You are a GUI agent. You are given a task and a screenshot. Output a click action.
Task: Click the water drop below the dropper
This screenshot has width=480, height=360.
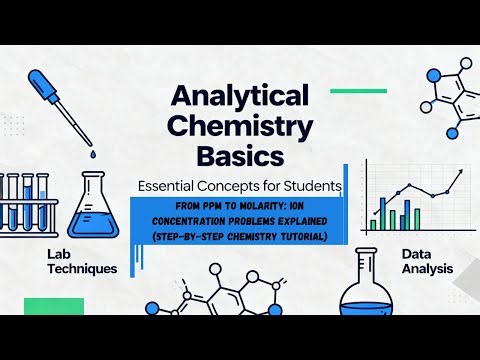(x=90, y=156)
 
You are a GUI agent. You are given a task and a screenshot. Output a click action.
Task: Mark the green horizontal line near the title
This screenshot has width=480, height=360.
(x=358, y=90)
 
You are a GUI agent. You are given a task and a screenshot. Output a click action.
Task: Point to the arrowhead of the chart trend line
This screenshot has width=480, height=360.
(x=461, y=171)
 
